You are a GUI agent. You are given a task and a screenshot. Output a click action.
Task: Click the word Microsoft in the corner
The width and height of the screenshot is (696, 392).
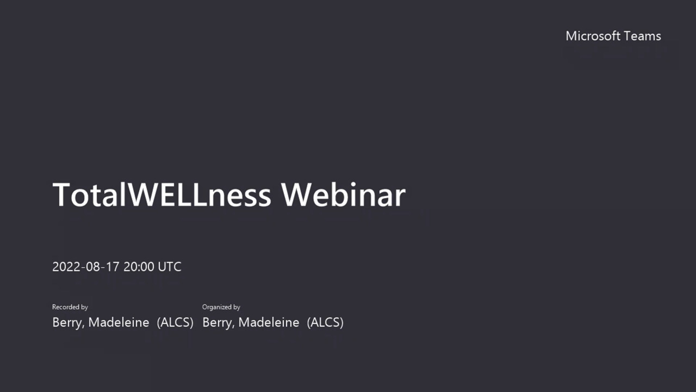point(593,36)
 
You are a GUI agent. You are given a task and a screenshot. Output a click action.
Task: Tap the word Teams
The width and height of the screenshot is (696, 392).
point(642,36)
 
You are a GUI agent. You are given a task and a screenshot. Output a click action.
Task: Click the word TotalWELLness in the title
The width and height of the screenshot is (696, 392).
point(162,195)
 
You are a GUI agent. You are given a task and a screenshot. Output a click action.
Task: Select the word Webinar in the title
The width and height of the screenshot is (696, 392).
point(343,195)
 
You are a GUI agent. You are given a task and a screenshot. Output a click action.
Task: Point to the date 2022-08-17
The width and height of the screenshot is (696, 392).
point(86,267)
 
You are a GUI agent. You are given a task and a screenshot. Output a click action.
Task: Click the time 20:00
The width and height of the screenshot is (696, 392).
point(139,267)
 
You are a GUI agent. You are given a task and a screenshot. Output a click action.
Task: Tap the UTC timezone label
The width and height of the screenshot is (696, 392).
point(169,267)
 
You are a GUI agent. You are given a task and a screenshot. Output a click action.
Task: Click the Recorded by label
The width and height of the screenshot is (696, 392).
point(70,307)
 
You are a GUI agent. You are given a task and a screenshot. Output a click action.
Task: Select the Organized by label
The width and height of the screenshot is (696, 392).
point(221,307)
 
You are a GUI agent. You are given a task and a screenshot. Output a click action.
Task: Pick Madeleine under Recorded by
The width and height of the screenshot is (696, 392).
point(119,322)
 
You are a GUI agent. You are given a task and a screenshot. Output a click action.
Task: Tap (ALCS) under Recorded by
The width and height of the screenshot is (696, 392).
point(175,323)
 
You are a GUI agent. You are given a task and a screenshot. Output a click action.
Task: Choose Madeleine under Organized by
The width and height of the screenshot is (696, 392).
point(269,322)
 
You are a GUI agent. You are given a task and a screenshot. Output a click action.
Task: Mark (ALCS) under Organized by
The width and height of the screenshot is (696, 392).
point(325,323)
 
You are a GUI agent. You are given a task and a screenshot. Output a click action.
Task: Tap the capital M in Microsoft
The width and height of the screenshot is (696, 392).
point(571,36)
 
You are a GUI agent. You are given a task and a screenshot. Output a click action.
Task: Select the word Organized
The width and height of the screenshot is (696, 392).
point(216,307)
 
